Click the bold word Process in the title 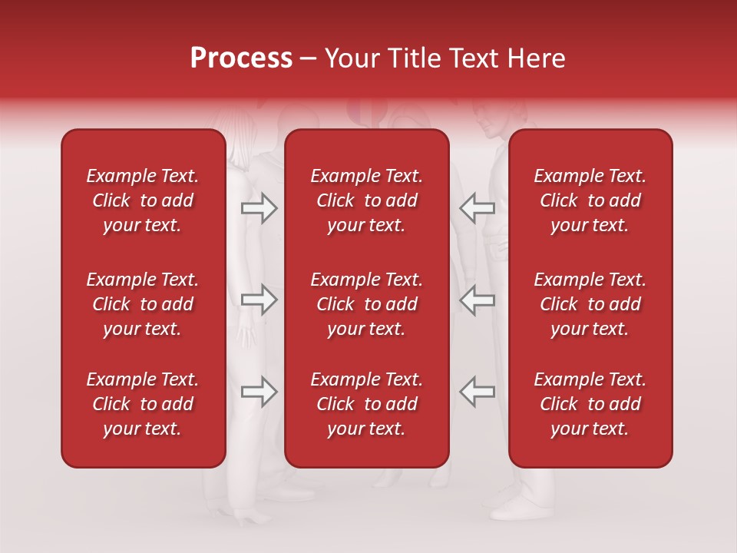[241, 58]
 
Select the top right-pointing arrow [259, 208]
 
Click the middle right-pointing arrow [259, 300]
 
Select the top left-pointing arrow [477, 208]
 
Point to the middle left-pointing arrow [477, 300]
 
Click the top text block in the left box [143, 200]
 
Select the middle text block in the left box [143, 304]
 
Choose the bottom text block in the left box [143, 404]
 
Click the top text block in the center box [366, 200]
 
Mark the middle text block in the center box [366, 304]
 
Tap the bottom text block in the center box [366, 404]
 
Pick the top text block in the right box [590, 200]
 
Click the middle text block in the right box [590, 304]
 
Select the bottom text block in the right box [590, 404]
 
